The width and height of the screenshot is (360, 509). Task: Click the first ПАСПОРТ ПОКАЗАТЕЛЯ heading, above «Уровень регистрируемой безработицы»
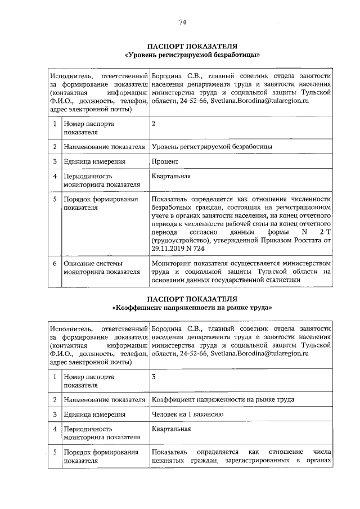click(x=192, y=46)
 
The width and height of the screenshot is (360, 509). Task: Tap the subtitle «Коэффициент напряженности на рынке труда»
click(x=192, y=308)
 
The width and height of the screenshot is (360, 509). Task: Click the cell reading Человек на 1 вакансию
click(x=188, y=414)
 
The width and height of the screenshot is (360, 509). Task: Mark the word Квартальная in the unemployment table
click(x=171, y=177)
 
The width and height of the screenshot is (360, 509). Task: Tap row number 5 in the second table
click(x=55, y=452)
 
